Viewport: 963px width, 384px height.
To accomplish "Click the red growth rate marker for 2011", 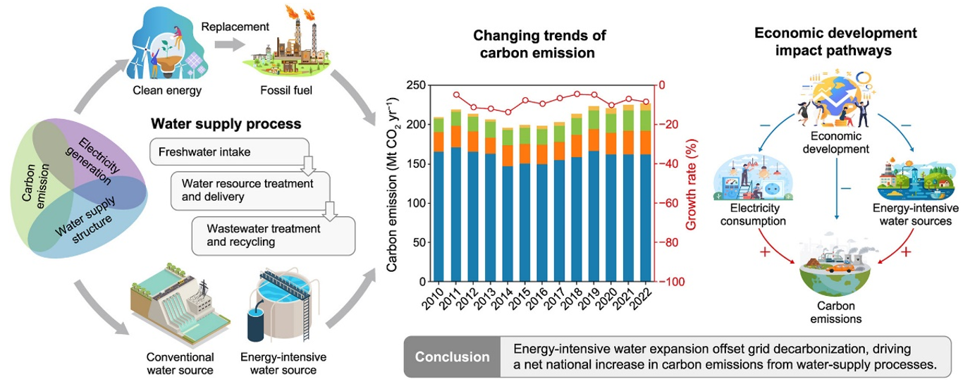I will tap(456, 95).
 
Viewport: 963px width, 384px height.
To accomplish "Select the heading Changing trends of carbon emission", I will tap(539, 44).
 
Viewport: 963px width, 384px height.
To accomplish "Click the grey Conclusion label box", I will tap(452, 357).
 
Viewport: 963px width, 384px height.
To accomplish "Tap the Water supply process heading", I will tap(226, 124).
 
